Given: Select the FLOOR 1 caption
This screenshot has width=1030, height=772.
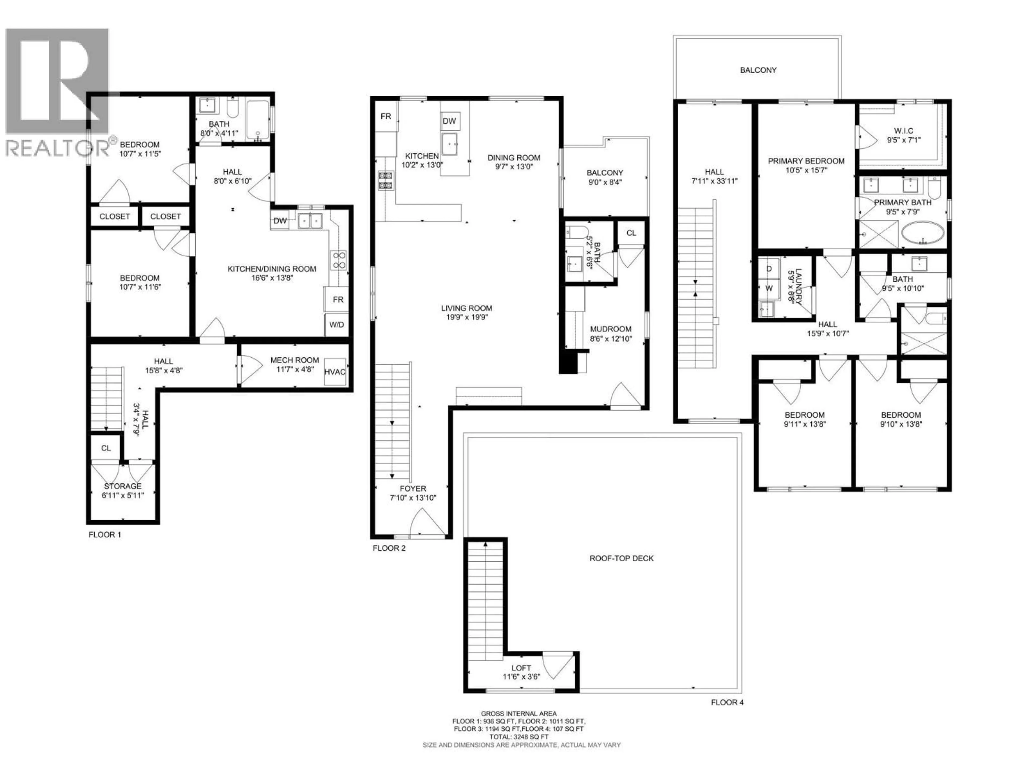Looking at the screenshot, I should tap(105, 535).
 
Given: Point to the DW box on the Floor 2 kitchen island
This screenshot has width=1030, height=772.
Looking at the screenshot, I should tap(449, 121).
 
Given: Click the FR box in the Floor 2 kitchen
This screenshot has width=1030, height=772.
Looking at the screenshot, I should tap(386, 116).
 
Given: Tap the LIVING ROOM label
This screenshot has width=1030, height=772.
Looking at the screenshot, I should tap(466, 308).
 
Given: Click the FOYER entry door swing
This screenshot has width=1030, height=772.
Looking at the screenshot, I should tap(426, 523).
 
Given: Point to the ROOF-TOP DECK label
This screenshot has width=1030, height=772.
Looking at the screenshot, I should tap(622, 558).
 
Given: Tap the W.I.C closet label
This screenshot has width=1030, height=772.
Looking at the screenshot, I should tap(903, 131).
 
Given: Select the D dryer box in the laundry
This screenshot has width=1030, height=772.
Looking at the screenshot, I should tap(769, 269).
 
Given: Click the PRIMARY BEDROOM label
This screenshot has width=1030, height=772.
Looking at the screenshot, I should tap(806, 161).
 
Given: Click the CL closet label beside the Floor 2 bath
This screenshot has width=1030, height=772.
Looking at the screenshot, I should tap(631, 233).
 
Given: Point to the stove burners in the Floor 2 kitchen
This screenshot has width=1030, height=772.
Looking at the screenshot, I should tap(385, 181).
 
